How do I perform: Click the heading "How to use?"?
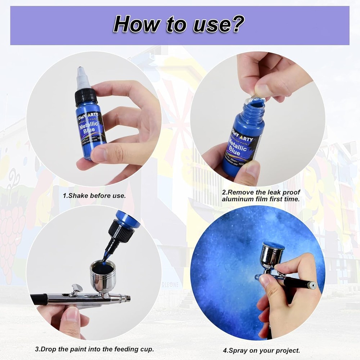(x=179, y=24)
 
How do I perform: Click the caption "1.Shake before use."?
(x=94, y=196)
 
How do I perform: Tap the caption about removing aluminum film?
(x=261, y=196)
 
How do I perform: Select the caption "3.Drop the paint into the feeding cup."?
(x=94, y=349)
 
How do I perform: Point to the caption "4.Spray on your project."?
(x=261, y=350)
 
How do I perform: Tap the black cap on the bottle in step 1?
(x=86, y=96)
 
